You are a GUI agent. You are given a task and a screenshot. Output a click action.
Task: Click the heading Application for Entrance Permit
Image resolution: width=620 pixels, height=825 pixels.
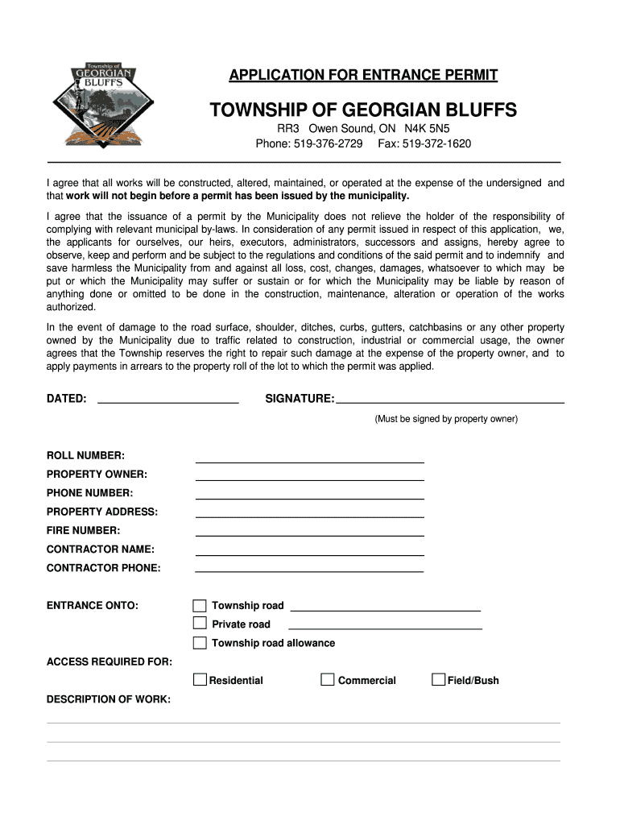point(363,76)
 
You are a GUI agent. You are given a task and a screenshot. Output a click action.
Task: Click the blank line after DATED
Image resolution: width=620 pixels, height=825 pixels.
point(167,399)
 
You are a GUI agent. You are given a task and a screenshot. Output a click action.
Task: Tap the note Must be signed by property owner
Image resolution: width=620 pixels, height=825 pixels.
point(446,419)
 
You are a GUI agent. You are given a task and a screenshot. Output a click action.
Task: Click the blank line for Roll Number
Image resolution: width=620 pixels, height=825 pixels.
point(309,459)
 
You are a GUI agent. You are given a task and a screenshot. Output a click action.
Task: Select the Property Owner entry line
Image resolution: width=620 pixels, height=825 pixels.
point(309,478)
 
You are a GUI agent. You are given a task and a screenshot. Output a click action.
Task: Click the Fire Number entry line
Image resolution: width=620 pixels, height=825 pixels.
point(309,533)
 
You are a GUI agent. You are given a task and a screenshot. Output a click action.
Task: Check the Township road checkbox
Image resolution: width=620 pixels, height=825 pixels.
point(200,605)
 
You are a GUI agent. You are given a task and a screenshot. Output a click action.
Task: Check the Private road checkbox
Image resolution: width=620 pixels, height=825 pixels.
point(200,624)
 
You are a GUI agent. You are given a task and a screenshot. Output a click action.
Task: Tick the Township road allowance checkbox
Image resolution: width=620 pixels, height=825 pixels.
point(200,643)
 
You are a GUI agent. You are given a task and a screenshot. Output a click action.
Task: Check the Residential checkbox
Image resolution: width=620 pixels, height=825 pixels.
point(200,680)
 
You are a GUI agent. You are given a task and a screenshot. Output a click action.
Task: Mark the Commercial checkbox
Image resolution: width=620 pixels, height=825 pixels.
point(328,680)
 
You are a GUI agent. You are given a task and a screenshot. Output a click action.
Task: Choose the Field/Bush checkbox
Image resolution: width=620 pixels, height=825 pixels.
point(438,680)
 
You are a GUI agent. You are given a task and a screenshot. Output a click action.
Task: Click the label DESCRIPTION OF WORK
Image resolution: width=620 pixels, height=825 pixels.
point(109,699)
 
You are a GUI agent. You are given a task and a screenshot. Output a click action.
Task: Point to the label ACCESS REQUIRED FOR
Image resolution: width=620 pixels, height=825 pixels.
point(110,661)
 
